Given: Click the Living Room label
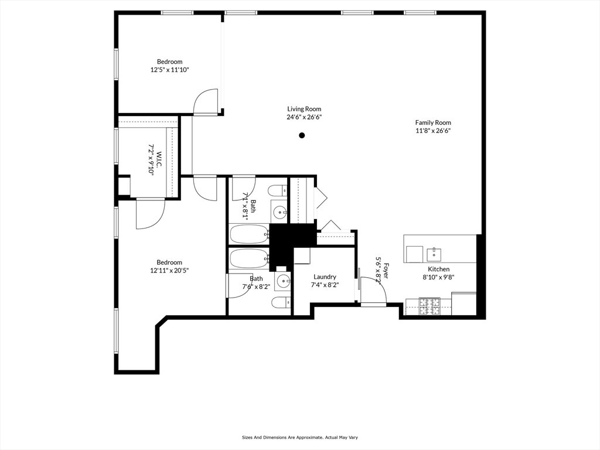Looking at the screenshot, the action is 304,109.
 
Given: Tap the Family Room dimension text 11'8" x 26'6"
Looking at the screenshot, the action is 433,131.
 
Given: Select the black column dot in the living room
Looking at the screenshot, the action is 302,135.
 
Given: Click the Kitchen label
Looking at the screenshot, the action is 438,269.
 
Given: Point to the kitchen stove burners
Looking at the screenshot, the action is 429,306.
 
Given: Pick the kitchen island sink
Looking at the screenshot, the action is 434,254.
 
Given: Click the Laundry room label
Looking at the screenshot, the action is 325,277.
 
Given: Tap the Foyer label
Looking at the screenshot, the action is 386,271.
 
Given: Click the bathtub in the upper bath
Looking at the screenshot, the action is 249,234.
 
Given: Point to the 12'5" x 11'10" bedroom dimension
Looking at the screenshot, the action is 170,70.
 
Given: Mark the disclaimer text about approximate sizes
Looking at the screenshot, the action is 299,437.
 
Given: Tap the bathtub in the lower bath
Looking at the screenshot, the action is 249,258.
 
